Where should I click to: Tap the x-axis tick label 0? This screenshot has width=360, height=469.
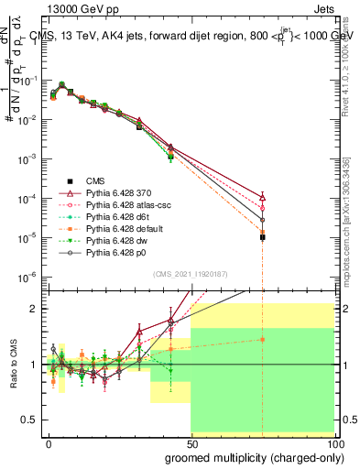[49, 442]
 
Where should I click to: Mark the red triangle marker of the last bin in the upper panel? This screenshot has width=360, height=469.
[263, 197]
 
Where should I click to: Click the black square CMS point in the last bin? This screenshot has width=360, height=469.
[263, 237]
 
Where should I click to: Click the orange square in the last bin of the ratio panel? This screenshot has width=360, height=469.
[263, 339]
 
